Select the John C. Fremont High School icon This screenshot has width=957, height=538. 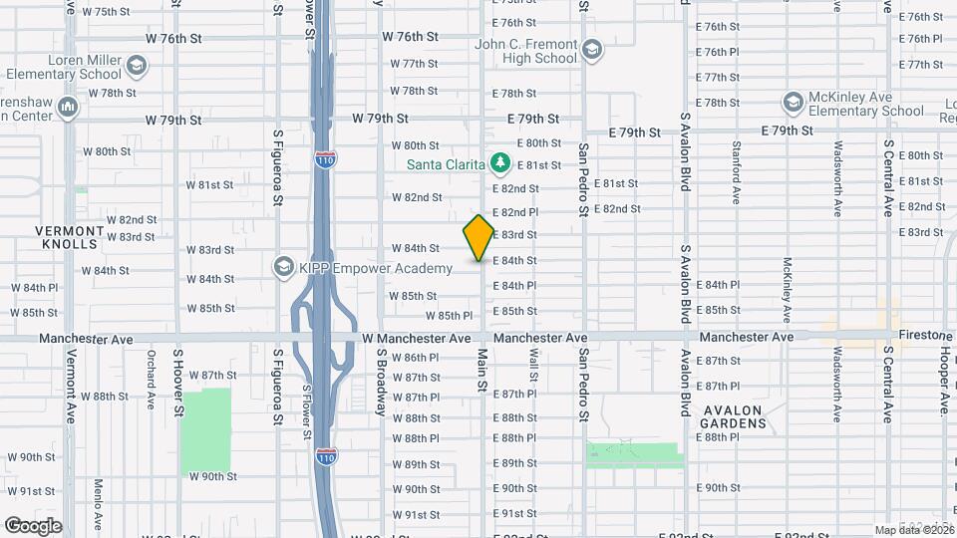click(x=592, y=50)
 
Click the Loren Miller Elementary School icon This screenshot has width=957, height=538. click(x=137, y=66)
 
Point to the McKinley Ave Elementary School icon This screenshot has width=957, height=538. click(x=793, y=103)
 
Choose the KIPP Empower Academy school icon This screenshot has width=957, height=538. click(x=284, y=267)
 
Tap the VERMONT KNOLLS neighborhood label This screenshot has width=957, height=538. click(x=69, y=236)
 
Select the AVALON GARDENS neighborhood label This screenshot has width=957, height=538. click(x=733, y=416)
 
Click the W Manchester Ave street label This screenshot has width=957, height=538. click(x=417, y=339)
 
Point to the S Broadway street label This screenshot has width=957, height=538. click(x=381, y=382)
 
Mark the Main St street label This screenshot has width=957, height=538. click(x=482, y=370)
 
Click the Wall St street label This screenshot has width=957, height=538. click(x=533, y=365)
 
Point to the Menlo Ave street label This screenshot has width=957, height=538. click(x=99, y=503)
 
